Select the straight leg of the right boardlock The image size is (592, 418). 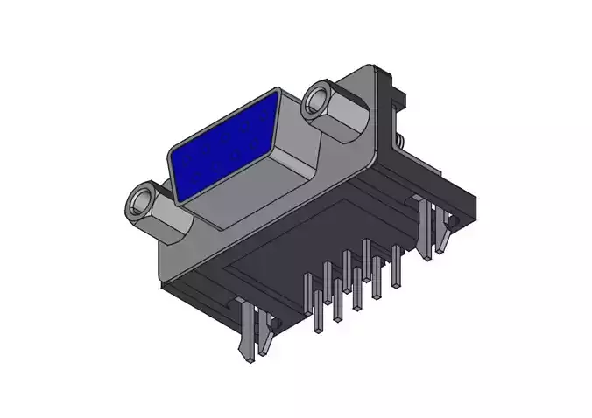point(426,229)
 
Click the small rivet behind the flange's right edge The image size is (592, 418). point(399,140)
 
